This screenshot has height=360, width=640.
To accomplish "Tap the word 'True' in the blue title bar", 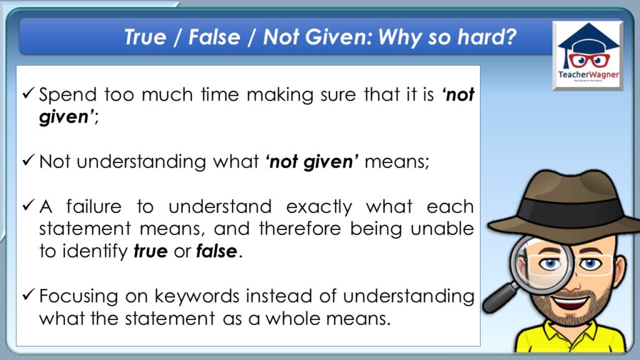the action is point(145,37).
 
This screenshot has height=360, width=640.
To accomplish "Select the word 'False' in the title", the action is point(214,37).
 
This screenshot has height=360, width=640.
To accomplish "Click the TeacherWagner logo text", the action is point(588,75).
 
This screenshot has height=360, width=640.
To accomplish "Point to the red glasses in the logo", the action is point(588,61).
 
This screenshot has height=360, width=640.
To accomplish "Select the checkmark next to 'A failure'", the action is point(28,204).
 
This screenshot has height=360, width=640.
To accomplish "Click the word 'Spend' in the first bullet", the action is point(67,95).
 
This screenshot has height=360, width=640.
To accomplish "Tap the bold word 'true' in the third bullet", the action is point(150,251).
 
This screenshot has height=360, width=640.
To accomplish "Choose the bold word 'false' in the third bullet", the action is point(216,251).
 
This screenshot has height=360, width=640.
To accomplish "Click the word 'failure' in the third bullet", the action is point(94,206).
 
